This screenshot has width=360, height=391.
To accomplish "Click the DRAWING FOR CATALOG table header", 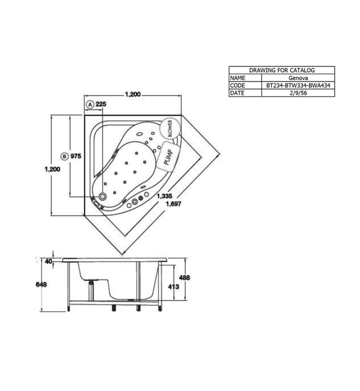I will click(282, 70).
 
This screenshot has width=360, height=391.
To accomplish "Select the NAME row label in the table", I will click(238, 78).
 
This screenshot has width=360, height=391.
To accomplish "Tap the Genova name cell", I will click(297, 78).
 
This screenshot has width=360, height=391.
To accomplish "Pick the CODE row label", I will click(238, 85).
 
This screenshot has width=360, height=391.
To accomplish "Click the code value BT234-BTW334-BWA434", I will click(297, 85).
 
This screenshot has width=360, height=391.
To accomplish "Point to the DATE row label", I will click(238, 93).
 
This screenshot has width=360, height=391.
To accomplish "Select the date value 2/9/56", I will click(297, 93).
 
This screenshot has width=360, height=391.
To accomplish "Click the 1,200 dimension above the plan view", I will click(133, 95).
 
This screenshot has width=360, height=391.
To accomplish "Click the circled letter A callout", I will click(89, 104).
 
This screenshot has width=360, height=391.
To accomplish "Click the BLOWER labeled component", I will click(171, 128).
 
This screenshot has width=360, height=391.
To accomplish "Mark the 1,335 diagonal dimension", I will click(164, 196).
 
